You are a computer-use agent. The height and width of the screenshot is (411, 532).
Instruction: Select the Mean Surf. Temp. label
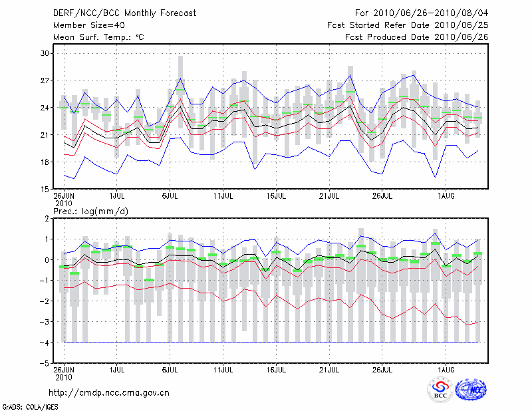click(98, 37)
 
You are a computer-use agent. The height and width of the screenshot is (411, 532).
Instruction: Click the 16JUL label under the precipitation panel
click(277, 370)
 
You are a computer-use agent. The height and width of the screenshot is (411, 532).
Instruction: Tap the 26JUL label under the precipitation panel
click(383, 370)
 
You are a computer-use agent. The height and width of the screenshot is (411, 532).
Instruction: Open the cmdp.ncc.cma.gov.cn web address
click(109, 392)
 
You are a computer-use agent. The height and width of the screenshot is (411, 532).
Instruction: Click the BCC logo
click(440, 390)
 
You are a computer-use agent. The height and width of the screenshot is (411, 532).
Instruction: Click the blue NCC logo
click(470, 390)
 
